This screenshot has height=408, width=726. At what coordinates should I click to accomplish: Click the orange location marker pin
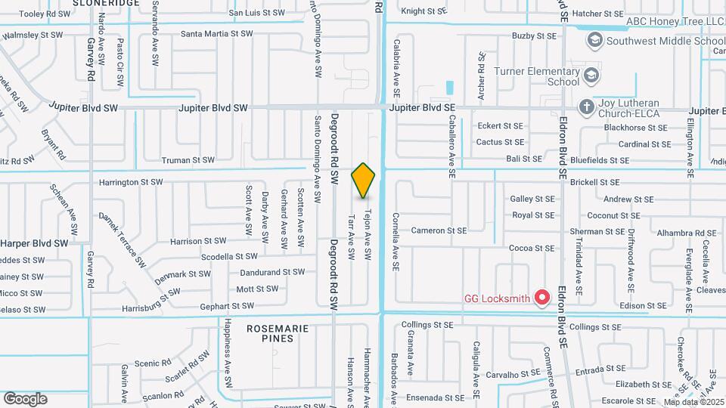(364, 180)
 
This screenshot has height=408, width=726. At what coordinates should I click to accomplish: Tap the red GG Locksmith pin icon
(541, 298)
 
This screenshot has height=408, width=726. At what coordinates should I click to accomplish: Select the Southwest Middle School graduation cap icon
(594, 39)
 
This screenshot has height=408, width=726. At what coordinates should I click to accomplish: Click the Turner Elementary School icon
(590, 75)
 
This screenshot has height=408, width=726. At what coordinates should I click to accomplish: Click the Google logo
(26, 398)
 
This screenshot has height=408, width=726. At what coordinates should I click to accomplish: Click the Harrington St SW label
(131, 182)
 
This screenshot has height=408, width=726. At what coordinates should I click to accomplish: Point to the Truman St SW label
(188, 159)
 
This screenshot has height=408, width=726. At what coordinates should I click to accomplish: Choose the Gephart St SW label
(227, 306)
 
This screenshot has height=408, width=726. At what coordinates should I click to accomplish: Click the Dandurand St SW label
(272, 272)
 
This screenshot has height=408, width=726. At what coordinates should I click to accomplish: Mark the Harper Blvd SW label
(35, 243)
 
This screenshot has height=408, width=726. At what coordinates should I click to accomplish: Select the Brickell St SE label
(594, 182)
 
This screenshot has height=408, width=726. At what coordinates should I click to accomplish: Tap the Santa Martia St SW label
(216, 34)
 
